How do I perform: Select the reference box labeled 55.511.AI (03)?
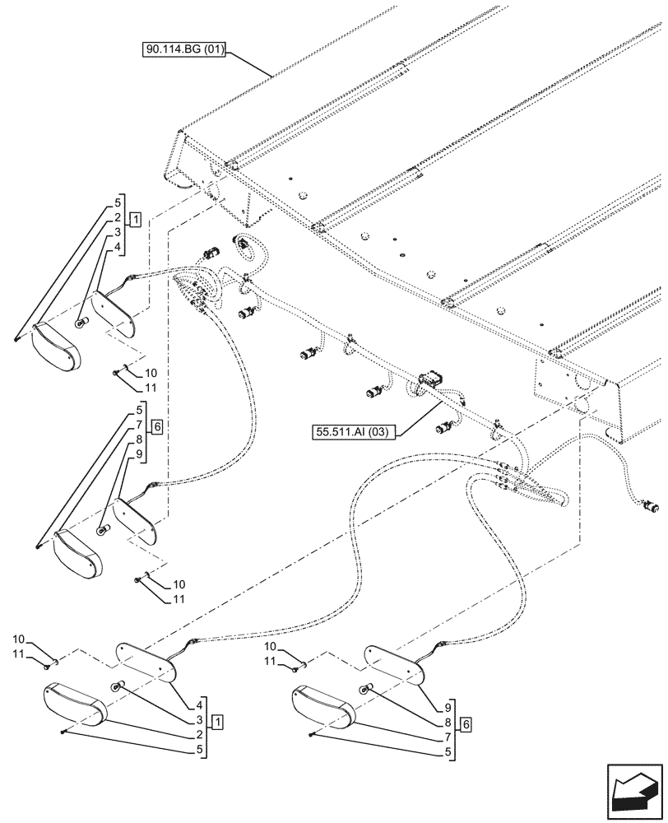tap(354, 430)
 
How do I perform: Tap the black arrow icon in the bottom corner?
tap(633, 793)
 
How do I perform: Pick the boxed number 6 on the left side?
tap(157, 425)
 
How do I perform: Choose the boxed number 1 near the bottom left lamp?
tap(216, 722)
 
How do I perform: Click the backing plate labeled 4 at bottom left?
tap(146, 663)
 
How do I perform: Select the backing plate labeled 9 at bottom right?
tap(396, 663)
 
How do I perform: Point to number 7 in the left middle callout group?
tap(140, 425)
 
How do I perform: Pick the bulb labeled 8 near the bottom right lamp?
tap(368, 687)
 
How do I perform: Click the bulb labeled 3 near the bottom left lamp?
tap(118, 686)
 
